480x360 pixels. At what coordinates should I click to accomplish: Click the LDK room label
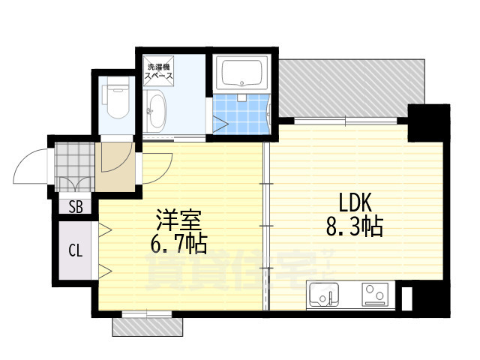pyautogui.click(x=353, y=202)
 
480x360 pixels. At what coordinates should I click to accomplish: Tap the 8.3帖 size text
pyautogui.click(x=353, y=226)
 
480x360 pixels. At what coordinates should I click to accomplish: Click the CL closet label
pyautogui.click(x=76, y=250)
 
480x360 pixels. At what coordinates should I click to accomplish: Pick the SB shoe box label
pyautogui.click(x=76, y=208)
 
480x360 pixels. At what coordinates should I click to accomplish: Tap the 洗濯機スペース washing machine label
pyautogui.click(x=159, y=73)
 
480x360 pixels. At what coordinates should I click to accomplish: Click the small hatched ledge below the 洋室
pyautogui.click(x=147, y=326)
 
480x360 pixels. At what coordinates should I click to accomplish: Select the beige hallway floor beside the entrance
pyautogui.click(x=117, y=166)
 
